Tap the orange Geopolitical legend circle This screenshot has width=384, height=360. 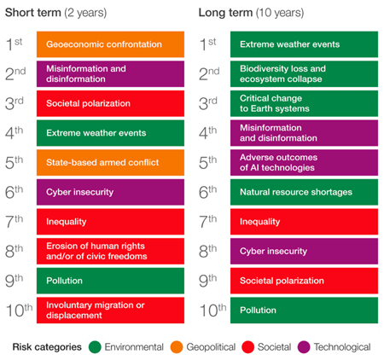pos(177,347)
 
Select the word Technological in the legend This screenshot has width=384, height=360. pos(340,347)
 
